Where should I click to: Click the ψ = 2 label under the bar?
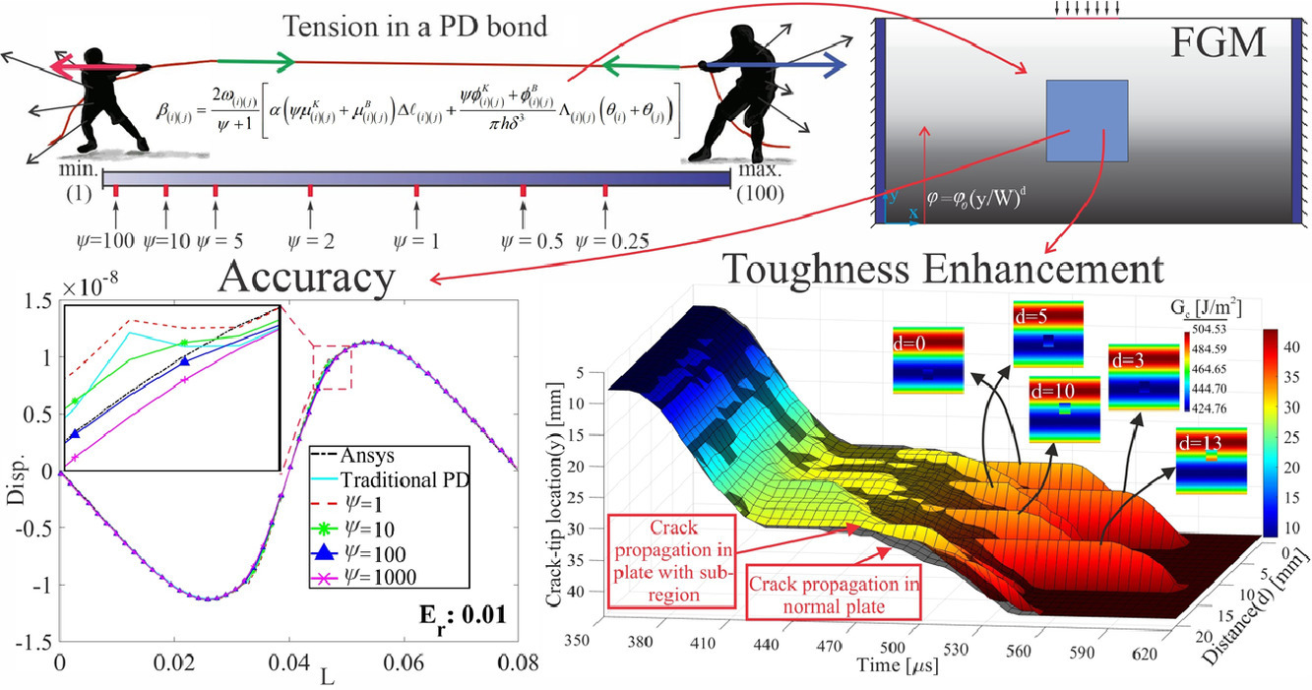click(x=310, y=240)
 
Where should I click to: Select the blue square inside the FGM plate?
click(x=1087, y=121)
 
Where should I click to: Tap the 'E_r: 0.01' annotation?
click(x=461, y=618)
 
